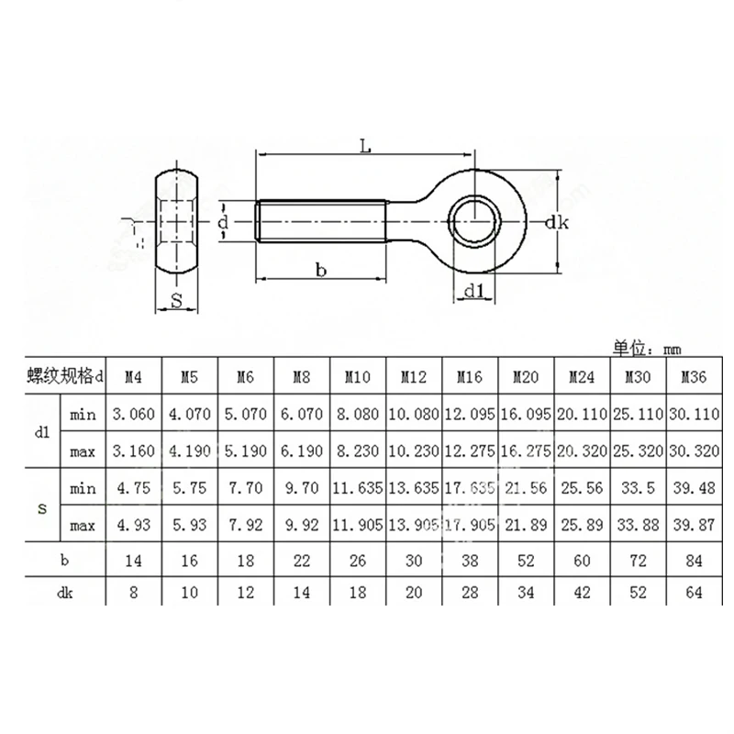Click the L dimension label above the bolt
click(364, 146)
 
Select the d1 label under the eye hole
click(473, 291)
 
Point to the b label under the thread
click(320, 270)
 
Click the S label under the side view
click(177, 300)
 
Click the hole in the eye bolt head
click(476, 221)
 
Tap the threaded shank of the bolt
click(321, 221)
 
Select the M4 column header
click(134, 376)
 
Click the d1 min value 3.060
click(134, 415)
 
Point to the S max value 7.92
click(245, 526)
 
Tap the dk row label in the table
click(65, 594)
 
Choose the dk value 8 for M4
click(134, 594)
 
